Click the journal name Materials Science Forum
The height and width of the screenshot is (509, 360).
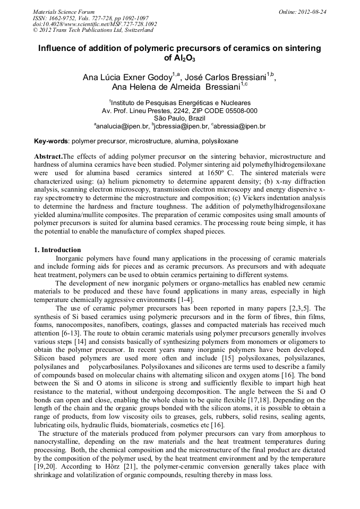point(63,12)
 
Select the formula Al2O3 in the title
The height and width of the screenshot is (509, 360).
point(180,58)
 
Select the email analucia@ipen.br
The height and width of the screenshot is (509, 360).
point(122,126)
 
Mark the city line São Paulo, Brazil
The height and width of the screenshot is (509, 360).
point(180,118)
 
